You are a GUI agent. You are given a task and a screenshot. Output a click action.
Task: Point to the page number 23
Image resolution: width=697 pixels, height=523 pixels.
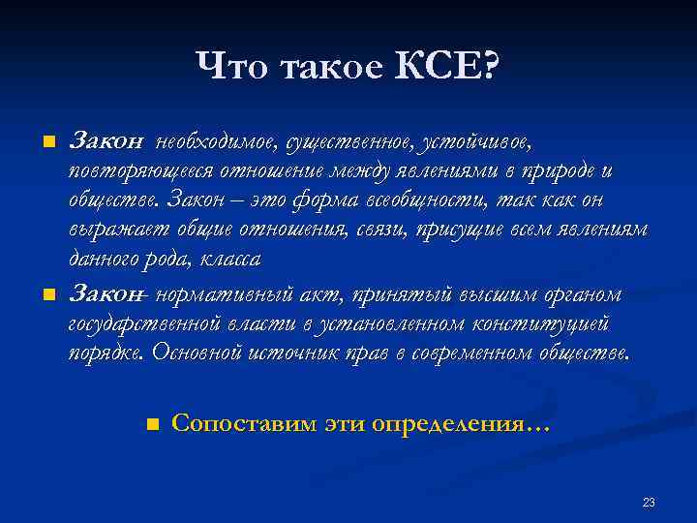pos(649,502)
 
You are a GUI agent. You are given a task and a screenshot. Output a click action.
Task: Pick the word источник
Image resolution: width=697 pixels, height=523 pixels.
pos(285,353)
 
